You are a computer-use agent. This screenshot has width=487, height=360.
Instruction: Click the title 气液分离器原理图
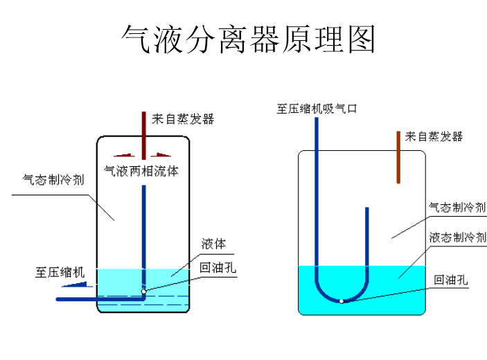248,39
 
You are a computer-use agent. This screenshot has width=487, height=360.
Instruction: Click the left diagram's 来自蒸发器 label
183,119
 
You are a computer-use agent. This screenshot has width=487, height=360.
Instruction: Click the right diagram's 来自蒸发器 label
434,136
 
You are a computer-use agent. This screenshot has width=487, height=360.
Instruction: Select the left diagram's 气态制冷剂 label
53,180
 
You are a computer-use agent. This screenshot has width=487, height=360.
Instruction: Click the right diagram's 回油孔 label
451,280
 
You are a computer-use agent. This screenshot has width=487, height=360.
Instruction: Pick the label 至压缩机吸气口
317,108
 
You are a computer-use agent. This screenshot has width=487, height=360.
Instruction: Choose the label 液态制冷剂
457,237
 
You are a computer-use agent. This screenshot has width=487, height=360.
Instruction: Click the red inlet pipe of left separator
143,135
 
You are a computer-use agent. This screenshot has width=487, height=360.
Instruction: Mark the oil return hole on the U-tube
342,300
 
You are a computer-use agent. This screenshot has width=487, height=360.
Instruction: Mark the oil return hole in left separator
144,291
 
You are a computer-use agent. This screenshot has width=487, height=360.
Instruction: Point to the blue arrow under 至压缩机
78,284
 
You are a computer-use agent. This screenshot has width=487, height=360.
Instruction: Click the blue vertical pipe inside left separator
143,228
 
